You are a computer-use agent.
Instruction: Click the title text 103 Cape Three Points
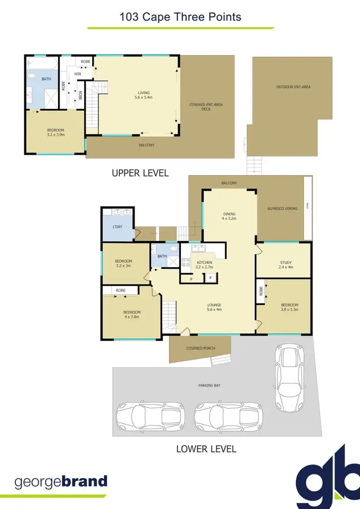point(180,18)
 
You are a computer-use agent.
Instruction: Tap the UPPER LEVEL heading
point(140,173)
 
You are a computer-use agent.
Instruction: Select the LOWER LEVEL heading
point(206,449)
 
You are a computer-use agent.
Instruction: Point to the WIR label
point(77,74)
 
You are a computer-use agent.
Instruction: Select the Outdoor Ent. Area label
point(293,87)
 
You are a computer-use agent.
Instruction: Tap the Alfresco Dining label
point(282,209)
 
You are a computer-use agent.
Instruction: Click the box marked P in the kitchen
point(191,279)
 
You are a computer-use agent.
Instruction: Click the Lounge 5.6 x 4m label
point(214,308)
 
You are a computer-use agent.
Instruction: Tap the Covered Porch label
point(201,348)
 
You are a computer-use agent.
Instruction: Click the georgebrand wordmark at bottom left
point(61,482)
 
